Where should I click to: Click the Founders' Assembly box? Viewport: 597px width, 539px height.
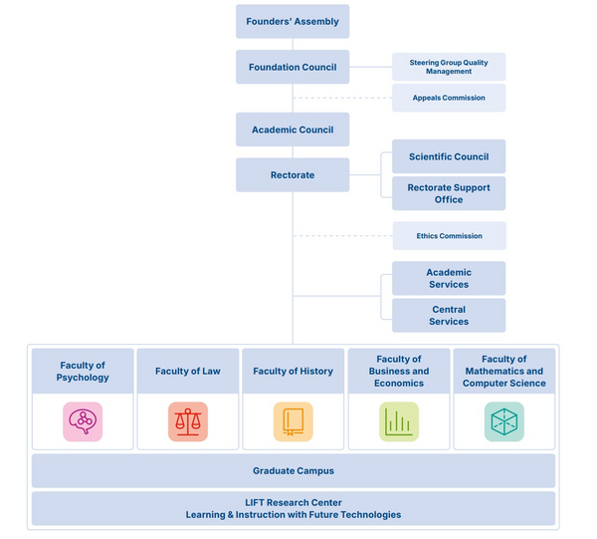point(293,21)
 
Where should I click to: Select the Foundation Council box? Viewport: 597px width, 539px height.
point(293,67)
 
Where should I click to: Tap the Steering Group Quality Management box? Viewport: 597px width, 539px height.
point(449,67)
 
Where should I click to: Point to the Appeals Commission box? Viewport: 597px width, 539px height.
point(449,98)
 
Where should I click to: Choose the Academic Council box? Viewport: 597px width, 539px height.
point(293,130)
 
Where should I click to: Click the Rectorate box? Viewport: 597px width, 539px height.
point(293,175)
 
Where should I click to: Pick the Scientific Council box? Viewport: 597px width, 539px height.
point(449,156)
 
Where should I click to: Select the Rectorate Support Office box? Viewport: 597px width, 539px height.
point(449,193)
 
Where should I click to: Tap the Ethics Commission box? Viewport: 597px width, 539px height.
point(450,236)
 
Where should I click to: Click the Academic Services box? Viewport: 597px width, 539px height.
point(449,278)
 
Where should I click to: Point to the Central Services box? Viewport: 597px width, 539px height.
point(449,315)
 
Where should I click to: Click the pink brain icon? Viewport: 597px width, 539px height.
point(83,421)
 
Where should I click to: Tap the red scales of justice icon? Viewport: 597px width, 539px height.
point(188,421)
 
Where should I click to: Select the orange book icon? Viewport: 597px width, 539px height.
point(294,421)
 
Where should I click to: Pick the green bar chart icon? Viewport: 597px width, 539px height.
point(399,421)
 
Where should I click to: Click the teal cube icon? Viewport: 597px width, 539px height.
point(504,421)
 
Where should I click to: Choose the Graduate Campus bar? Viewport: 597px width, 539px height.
point(294,471)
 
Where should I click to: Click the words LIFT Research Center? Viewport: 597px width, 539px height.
point(294,503)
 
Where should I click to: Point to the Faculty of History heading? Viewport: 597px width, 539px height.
point(294,371)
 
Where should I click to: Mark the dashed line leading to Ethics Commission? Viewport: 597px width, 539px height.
point(343,236)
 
